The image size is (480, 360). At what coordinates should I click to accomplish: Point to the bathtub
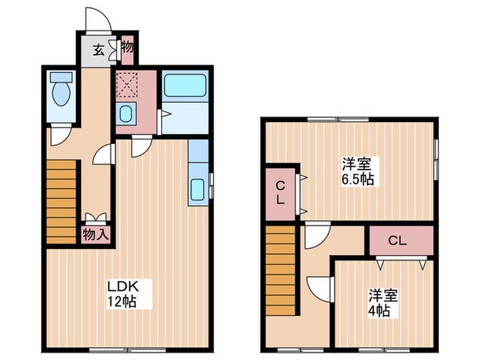click(185, 88)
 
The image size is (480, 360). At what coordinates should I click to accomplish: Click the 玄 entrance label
click(98, 49)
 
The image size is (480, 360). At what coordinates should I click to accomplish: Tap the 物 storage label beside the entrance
click(128, 47)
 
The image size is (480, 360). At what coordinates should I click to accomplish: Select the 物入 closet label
click(96, 234)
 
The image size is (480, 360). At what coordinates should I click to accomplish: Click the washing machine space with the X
click(127, 86)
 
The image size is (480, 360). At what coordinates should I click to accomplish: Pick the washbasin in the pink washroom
click(126, 113)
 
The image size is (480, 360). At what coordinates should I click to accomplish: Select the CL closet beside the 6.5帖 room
click(281, 193)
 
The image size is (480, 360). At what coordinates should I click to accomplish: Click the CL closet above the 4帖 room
click(401, 240)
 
